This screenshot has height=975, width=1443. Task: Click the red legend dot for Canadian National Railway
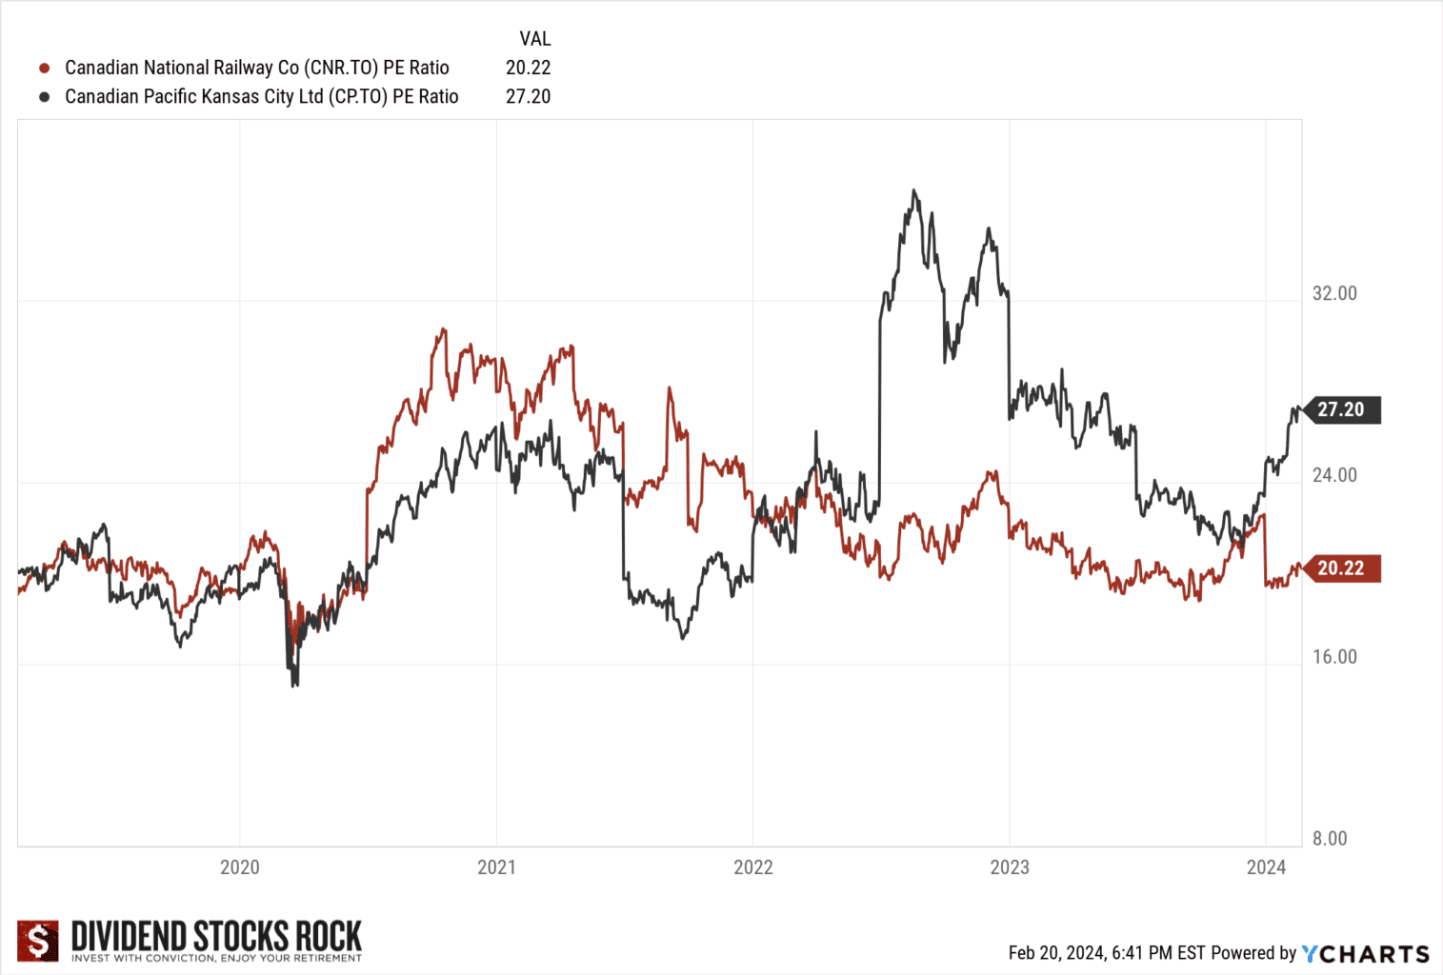click(44, 68)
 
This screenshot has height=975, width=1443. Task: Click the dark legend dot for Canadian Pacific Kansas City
click(44, 96)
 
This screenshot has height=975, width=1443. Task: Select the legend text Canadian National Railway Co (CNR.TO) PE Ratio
click(256, 68)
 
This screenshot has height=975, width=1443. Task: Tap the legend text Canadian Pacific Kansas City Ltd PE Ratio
click(261, 96)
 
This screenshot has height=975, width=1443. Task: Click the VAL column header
click(534, 39)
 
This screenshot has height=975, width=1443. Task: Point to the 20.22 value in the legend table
click(528, 68)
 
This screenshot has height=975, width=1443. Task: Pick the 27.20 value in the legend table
click(528, 96)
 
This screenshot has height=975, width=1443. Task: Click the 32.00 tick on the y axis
click(1333, 293)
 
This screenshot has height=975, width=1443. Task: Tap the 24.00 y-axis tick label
click(1333, 475)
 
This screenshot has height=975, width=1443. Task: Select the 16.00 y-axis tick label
click(1333, 657)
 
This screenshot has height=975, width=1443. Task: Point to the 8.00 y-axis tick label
click(1330, 839)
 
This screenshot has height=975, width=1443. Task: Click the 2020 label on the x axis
click(239, 867)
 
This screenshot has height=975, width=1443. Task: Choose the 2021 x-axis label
click(496, 867)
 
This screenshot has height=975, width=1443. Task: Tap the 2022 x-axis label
click(752, 867)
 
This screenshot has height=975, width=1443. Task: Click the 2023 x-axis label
click(1010, 867)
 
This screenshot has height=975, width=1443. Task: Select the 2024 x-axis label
click(1266, 867)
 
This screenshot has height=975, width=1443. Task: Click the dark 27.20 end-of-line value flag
click(1341, 409)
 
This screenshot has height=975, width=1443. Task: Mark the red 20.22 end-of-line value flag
click(1341, 568)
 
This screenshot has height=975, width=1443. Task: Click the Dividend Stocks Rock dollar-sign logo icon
click(38, 941)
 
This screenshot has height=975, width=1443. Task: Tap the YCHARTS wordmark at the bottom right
click(1366, 953)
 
